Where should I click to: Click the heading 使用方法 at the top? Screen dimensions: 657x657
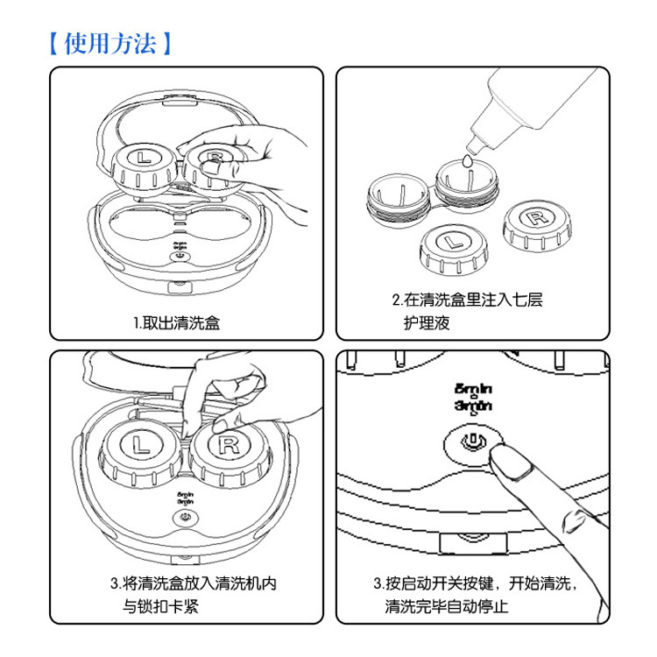click(110, 42)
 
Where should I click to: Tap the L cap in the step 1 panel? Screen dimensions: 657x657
click(141, 160)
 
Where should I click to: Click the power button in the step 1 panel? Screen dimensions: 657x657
click(180, 257)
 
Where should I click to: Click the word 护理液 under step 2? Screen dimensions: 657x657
click(427, 323)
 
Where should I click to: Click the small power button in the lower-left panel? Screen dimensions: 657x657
click(184, 517)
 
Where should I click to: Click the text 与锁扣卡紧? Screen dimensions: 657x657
click(160, 605)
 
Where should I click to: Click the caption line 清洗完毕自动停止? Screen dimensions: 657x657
click(448, 605)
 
